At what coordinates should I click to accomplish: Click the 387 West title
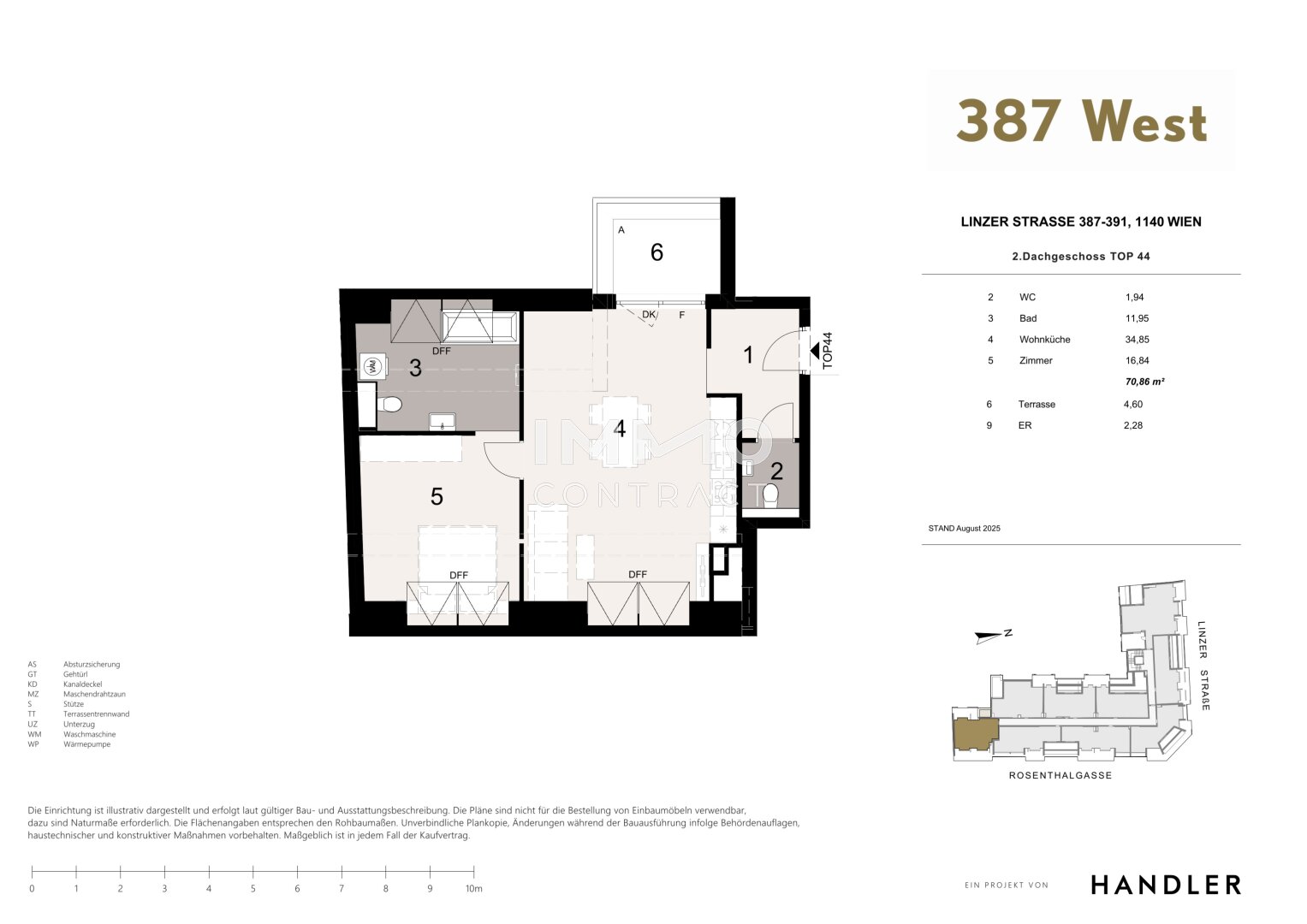(x=1081, y=121)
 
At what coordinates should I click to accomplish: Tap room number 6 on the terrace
(x=656, y=252)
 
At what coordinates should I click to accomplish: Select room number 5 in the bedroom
(x=437, y=496)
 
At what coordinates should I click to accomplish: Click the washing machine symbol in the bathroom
(x=372, y=366)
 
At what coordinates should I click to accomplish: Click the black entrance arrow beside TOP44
(x=815, y=351)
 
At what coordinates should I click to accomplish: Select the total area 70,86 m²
(x=1144, y=382)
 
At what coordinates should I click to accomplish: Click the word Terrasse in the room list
(x=1037, y=404)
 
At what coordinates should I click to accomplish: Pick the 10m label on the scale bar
(x=474, y=889)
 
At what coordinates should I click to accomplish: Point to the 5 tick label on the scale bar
(x=253, y=889)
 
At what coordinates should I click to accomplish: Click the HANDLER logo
(x=1166, y=885)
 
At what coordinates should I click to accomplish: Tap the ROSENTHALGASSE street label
(x=1060, y=775)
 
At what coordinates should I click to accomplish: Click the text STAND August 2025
(x=964, y=529)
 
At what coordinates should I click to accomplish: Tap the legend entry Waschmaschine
(x=90, y=734)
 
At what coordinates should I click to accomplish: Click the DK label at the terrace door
(x=648, y=315)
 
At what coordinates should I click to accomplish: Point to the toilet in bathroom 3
(x=389, y=404)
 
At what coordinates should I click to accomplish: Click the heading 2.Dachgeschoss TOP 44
(x=1081, y=256)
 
